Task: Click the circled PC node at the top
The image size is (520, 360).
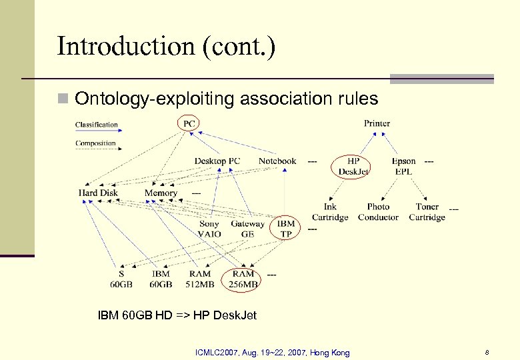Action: pyautogui.click(x=189, y=123)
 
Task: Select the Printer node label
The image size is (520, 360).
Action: pyautogui.click(x=377, y=123)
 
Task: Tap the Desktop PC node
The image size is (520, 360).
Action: pyautogui.click(x=217, y=161)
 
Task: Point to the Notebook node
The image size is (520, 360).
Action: pyautogui.click(x=277, y=161)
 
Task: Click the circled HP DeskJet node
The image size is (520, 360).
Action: pyautogui.click(x=353, y=166)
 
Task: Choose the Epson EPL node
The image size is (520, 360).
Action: pyautogui.click(x=403, y=166)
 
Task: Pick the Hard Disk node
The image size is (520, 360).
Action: pyautogui.click(x=98, y=193)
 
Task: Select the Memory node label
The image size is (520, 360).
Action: pyautogui.click(x=161, y=193)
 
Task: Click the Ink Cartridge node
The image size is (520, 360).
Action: pyautogui.click(x=330, y=212)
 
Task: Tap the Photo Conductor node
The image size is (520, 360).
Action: pyautogui.click(x=378, y=212)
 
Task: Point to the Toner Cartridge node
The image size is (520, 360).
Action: pyautogui.click(x=427, y=212)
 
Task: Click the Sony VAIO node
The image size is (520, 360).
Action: pyautogui.click(x=209, y=229)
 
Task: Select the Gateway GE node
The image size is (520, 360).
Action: pyautogui.click(x=247, y=229)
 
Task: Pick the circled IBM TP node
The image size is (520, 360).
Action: pyautogui.click(x=286, y=229)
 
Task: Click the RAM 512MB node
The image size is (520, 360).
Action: pyautogui.click(x=199, y=279)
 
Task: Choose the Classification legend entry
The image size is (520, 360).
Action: pyautogui.click(x=96, y=125)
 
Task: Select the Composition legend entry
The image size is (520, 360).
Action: pyautogui.click(x=95, y=143)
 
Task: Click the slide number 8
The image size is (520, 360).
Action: pyautogui.click(x=487, y=352)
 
